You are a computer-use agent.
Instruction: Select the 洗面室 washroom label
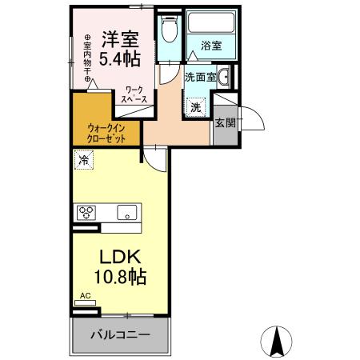pos(199,78)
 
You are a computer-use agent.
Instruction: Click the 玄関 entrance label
pos(224,122)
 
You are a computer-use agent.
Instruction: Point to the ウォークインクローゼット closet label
pos(107,131)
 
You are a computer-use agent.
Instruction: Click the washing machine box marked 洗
pos(196,106)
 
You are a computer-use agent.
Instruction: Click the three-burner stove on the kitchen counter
pos(86,213)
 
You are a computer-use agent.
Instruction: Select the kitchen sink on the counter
pos(126,213)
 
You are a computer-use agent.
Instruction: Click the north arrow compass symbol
pos(278,342)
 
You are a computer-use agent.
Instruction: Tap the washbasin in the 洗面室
pos(226,78)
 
